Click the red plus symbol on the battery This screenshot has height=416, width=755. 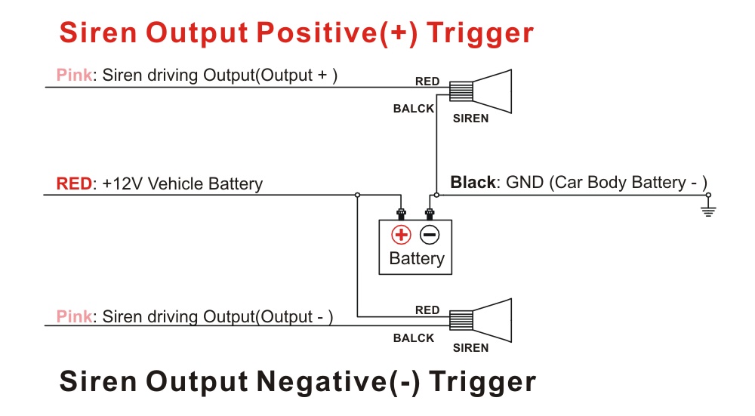[x=401, y=235]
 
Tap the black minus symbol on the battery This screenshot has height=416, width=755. [x=430, y=235]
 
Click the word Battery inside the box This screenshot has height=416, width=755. [x=417, y=258]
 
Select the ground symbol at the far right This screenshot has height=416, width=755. [x=708, y=208]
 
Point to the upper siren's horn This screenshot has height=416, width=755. [x=492, y=91]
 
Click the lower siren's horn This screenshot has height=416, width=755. [x=492, y=320]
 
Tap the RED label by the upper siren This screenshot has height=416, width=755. [x=427, y=82]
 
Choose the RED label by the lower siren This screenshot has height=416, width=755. [x=427, y=310]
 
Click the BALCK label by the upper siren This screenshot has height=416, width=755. [x=414, y=109]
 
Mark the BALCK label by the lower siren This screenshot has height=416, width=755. [x=414, y=338]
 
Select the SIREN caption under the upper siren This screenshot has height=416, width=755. [x=470, y=119]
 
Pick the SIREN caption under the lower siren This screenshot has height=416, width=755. [x=470, y=347]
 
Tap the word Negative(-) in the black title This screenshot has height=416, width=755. [x=338, y=382]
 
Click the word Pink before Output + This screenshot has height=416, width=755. [x=74, y=75]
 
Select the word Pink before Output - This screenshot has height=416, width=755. [x=74, y=316]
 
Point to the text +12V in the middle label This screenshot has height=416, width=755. [x=123, y=183]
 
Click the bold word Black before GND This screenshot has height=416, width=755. [x=473, y=183]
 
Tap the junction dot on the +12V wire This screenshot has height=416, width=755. [x=357, y=195]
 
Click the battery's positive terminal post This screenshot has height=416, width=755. [x=401, y=214]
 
